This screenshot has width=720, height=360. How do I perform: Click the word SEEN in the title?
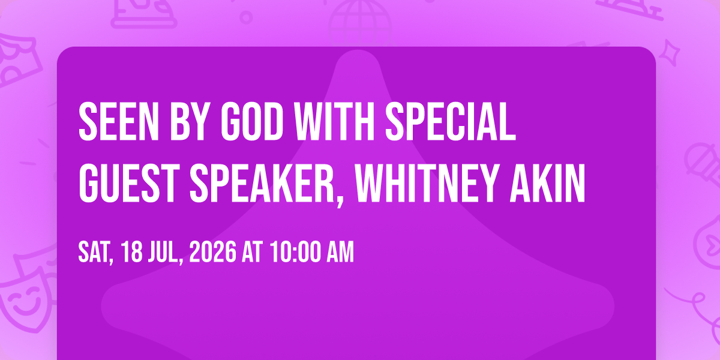(x=119, y=121)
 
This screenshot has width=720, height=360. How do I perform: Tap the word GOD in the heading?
(x=253, y=121)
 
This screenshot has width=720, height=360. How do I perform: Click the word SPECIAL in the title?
(x=451, y=121)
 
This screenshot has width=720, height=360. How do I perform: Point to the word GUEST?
(x=129, y=183)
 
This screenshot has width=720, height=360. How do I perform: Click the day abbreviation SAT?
(x=94, y=253)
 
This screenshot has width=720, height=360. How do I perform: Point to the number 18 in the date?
(x=132, y=253)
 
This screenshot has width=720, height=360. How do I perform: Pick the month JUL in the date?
(x=163, y=253)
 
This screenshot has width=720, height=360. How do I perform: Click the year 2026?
(x=213, y=253)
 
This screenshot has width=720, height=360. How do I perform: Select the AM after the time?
(x=340, y=253)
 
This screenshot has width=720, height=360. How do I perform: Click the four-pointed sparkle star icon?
(x=670, y=53)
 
